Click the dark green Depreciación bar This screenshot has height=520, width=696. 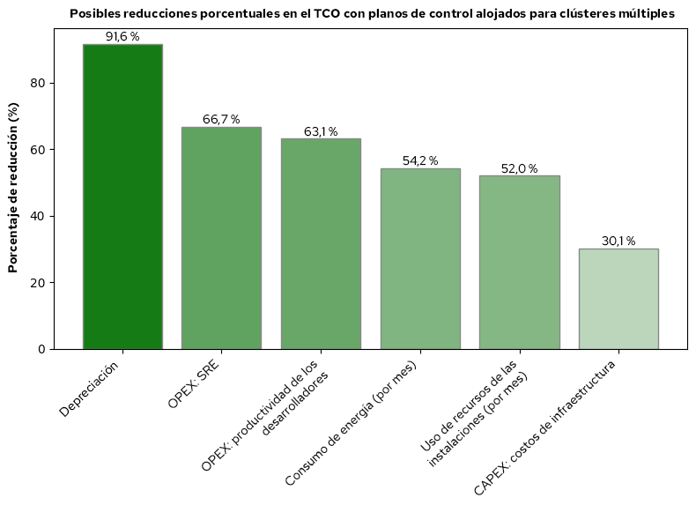click(122, 197)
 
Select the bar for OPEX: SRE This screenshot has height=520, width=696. click(221, 238)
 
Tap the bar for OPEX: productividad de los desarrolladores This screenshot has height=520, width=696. click(321, 244)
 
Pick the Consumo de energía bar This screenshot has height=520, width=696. click(420, 259)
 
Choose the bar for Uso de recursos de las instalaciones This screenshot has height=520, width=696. click(519, 263)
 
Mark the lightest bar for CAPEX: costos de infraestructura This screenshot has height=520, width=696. click(618, 299)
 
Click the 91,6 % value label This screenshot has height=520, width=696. click(122, 37)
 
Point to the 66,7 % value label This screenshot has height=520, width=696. click(221, 120)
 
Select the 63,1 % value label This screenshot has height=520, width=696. click(321, 131)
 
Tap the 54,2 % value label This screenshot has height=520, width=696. click(420, 161)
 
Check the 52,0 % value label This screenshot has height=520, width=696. click(519, 168)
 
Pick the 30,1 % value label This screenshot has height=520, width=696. click(618, 241)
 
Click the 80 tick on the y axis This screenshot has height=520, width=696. click(38, 84)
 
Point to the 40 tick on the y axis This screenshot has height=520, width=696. click(38, 217)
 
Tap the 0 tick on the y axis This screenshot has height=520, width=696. click(41, 350)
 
